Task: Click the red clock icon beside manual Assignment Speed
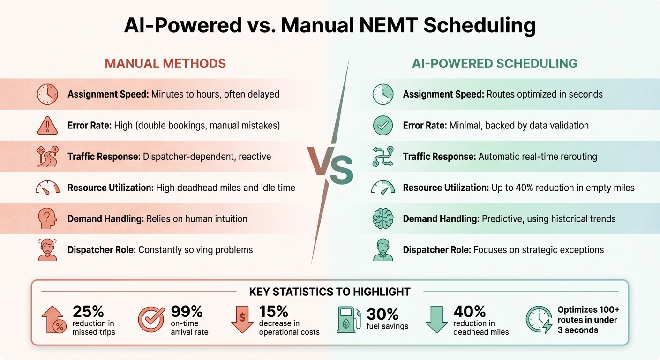pyautogui.click(x=47, y=94)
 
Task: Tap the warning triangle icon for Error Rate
pyautogui.click(x=47, y=125)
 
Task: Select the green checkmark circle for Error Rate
pyautogui.click(x=382, y=125)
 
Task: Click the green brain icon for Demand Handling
pyautogui.click(x=382, y=218)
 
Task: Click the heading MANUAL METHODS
pyautogui.click(x=165, y=63)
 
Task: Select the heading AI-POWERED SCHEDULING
pyautogui.click(x=495, y=63)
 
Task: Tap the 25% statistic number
pyautogui.click(x=88, y=311)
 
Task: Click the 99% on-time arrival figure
pyautogui.click(x=186, y=311)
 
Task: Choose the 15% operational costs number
pyautogui.click(x=274, y=311)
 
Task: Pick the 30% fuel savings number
pyautogui.click(x=382, y=314)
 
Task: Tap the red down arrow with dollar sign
pyautogui.click(x=242, y=319)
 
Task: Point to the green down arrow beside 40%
pyautogui.click(x=436, y=319)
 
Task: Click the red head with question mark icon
pyautogui.click(x=47, y=218)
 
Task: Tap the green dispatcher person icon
pyautogui.click(x=382, y=250)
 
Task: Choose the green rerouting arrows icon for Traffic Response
pyautogui.click(x=382, y=156)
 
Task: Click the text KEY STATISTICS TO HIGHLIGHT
pyautogui.click(x=330, y=292)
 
